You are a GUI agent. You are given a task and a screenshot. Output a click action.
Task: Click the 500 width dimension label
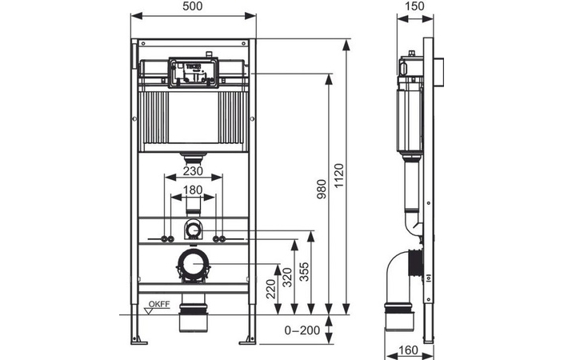pyautogui.click(x=192, y=7)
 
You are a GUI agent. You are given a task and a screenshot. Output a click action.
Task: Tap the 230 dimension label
pyautogui.click(x=192, y=170)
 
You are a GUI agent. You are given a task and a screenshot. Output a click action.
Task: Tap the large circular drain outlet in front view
pyautogui.click(x=192, y=262)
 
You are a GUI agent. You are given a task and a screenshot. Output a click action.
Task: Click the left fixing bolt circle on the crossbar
pyautogui.click(x=166, y=238)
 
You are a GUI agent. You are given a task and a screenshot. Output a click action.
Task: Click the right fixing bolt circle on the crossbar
pyautogui.click(x=218, y=238)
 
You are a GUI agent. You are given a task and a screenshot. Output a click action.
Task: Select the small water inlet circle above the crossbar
pyautogui.click(x=192, y=230)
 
